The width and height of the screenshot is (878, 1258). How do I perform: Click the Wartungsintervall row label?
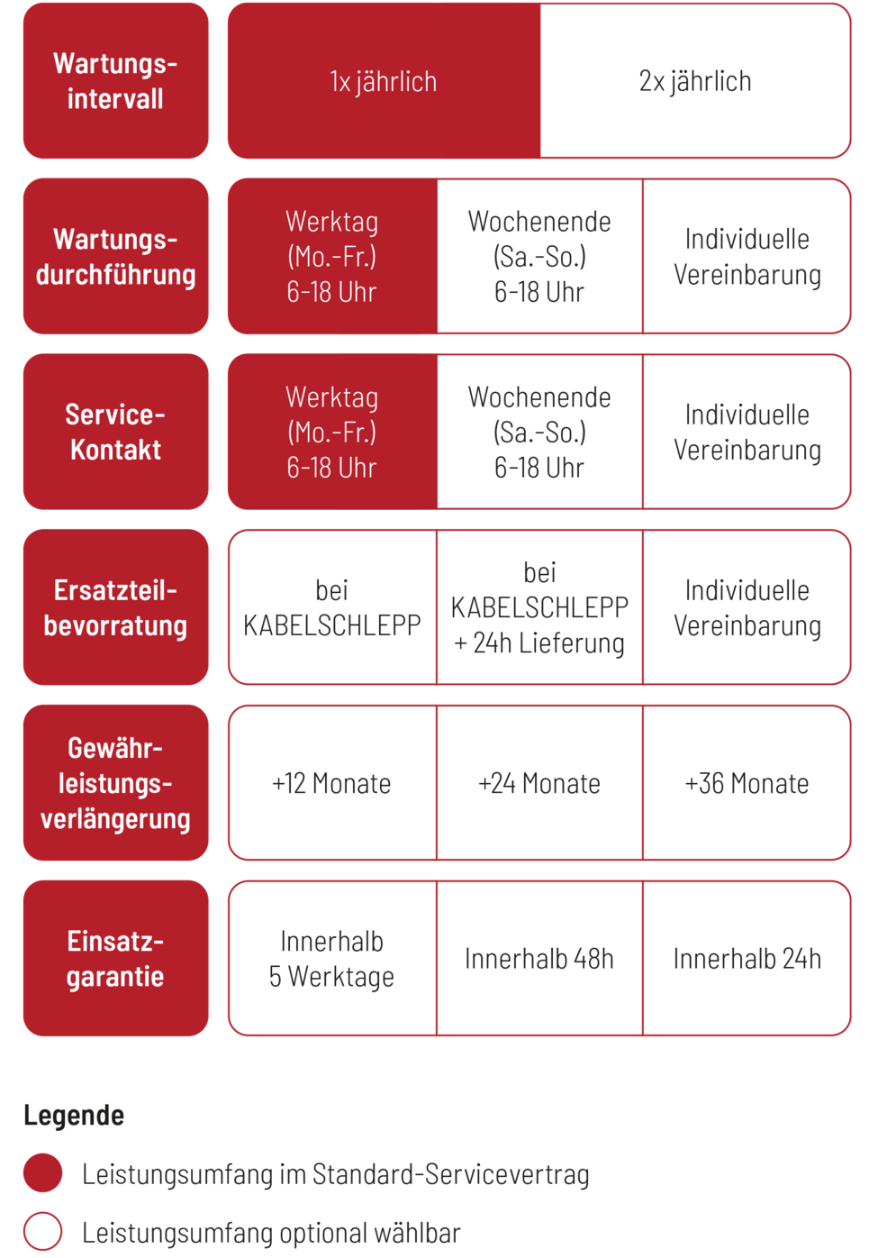[115, 81]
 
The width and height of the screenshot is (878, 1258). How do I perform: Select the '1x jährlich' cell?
[384, 81]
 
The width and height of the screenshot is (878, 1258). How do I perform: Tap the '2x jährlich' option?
[695, 81]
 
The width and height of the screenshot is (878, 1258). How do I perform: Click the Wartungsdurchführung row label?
[115, 257]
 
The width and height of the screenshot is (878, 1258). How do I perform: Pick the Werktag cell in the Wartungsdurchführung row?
[331, 257]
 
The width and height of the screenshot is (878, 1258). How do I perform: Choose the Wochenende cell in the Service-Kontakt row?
[539, 432]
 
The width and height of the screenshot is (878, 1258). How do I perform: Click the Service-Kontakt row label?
[115, 432]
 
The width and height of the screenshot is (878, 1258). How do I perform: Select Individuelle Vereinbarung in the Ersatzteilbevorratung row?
[747, 607]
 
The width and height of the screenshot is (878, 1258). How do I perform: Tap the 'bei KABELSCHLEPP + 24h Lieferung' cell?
[539, 607]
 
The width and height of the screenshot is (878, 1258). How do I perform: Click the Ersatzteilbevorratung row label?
[115, 607]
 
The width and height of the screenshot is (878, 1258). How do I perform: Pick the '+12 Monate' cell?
[331, 783]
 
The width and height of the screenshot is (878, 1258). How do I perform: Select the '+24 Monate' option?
[539, 783]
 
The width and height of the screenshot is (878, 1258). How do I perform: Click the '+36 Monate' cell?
[747, 783]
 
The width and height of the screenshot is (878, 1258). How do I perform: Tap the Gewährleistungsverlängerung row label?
[115, 783]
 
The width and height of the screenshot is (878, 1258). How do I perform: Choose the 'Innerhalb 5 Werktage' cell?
[331, 959]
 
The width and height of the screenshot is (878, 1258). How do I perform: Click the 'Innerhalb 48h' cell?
[539, 959]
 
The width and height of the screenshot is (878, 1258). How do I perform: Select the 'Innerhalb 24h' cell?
[747, 959]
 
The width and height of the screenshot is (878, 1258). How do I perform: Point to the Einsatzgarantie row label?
[115, 959]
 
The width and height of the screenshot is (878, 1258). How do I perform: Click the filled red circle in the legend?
[43, 1173]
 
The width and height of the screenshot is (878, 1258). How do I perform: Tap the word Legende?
[74, 1116]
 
